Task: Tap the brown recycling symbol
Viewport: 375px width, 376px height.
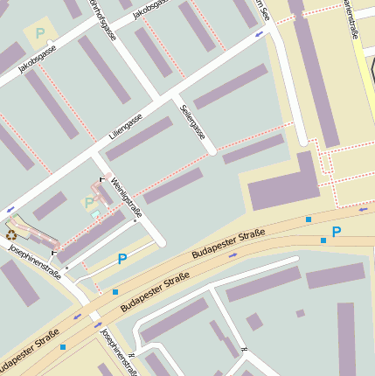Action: pyautogui.click(x=11, y=233)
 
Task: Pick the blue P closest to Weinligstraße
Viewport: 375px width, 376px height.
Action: pyautogui.click(x=122, y=259)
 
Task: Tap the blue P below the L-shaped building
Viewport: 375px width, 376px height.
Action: pyautogui.click(x=336, y=233)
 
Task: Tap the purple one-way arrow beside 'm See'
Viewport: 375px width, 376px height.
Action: pyautogui.click(x=259, y=34)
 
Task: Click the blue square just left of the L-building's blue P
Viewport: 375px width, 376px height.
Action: pyautogui.click(x=323, y=240)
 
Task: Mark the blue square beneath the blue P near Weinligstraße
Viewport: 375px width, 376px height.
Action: pyautogui.click(x=115, y=292)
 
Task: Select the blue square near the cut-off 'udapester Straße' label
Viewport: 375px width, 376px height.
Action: pyautogui.click(x=63, y=347)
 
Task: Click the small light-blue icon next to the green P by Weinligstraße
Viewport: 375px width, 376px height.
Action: pyautogui.click(x=95, y=213)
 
